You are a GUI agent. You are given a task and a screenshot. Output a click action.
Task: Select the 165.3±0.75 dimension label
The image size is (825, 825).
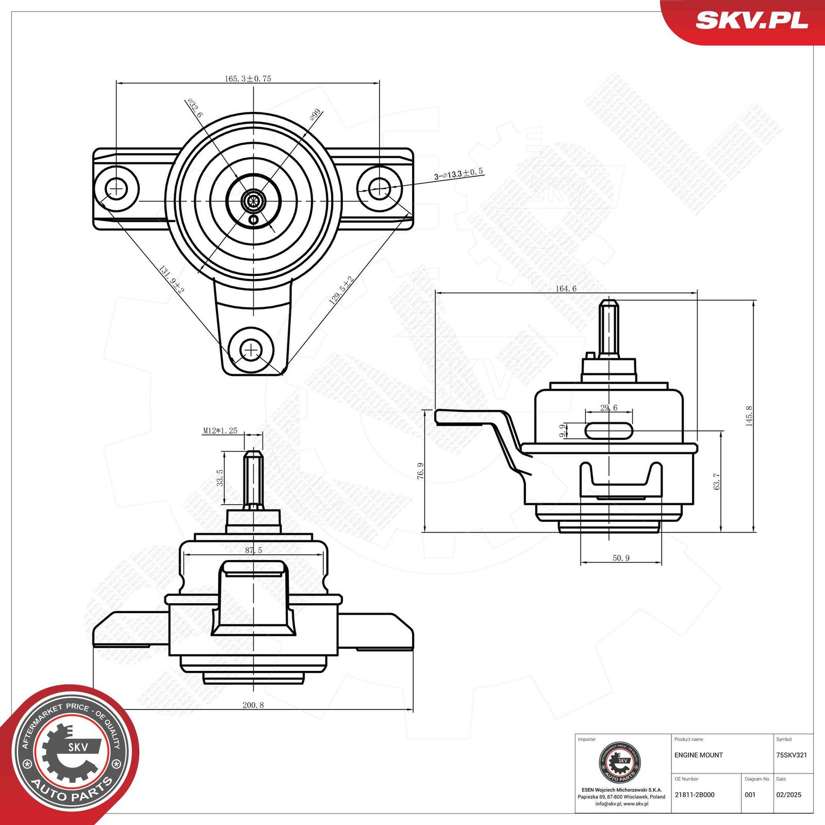point(247,79)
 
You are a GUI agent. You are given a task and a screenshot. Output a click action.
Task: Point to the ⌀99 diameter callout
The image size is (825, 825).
point(315,114)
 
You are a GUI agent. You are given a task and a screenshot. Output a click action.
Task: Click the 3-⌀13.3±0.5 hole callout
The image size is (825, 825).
point(458,174)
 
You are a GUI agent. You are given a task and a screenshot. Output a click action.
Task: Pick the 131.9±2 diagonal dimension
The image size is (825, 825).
point(171,280)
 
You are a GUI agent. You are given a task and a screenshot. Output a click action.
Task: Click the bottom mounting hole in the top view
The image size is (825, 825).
point(251,351)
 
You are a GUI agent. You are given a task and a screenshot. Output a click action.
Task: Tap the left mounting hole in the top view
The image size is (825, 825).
point(117,189)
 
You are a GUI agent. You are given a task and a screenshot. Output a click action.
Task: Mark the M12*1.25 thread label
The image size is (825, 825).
point(220,431)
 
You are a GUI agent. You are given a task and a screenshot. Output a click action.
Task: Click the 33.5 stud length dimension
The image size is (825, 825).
point(220,478)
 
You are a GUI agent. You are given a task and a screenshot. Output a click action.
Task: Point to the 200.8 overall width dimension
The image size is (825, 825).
point(253,705)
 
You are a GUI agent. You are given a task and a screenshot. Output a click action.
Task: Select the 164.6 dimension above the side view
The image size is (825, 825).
point(566,289)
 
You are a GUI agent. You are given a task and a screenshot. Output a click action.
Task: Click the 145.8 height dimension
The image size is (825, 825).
point(749,416)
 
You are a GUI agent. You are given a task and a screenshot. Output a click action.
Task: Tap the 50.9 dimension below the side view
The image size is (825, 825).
point(621,558)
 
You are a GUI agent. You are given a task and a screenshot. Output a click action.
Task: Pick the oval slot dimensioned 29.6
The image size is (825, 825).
point(609,430)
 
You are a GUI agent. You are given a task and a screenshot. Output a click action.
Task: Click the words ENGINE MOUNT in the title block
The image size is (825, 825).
point(698,755)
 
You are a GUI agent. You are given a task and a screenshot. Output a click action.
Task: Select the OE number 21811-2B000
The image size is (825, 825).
point(694,795)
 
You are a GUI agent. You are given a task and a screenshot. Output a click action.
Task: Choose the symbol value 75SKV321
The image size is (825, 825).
point(791,755)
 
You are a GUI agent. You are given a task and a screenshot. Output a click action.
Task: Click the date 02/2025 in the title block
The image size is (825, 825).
point(788,795)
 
